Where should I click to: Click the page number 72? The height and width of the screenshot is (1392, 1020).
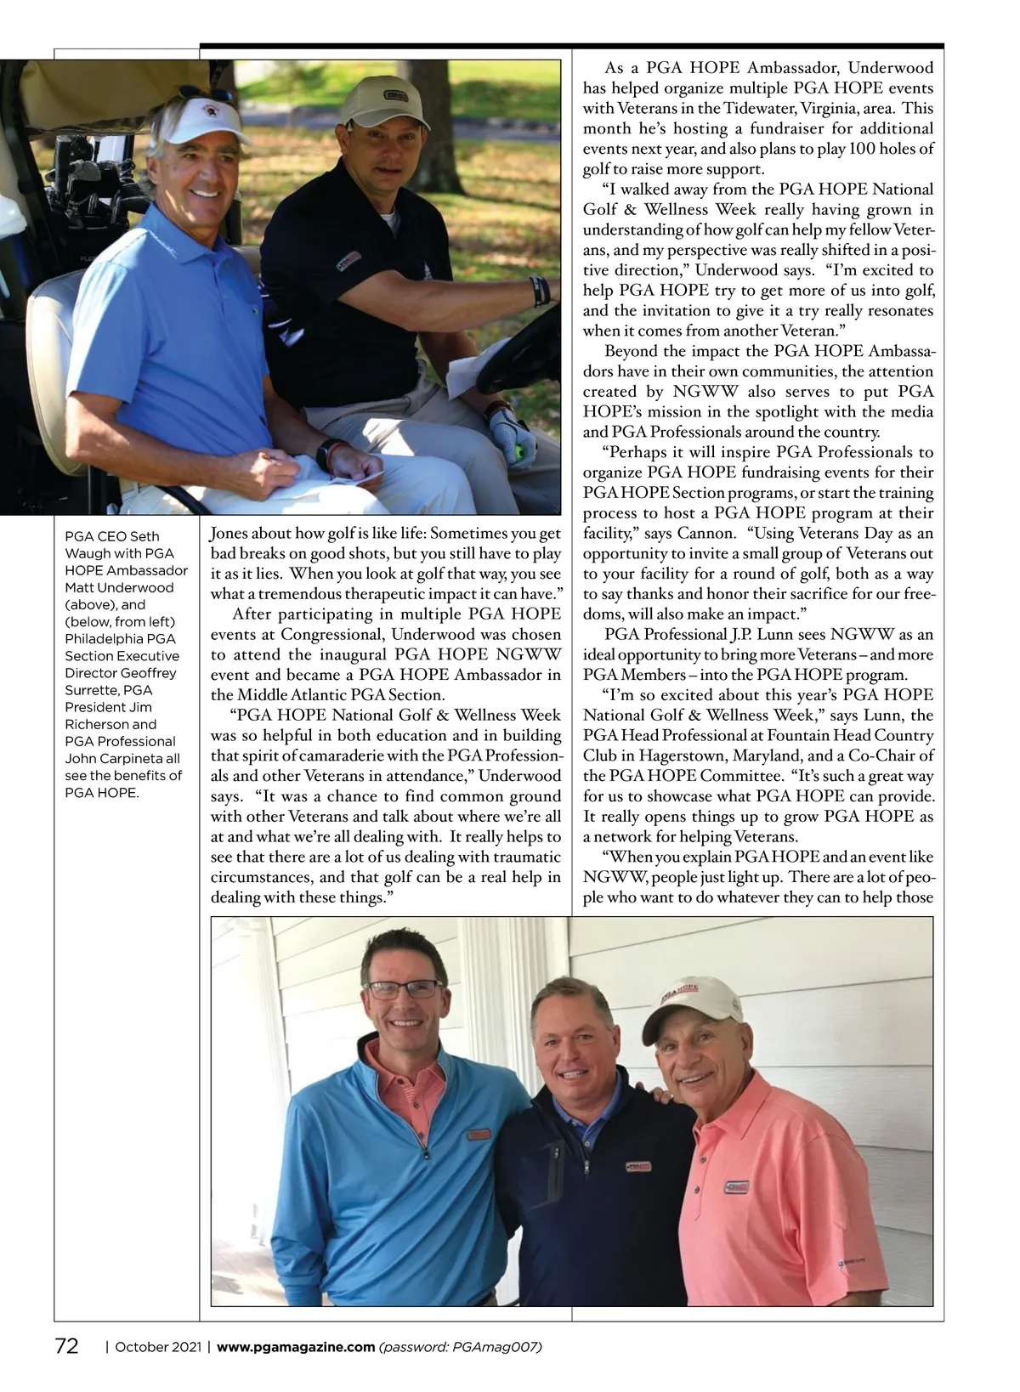(66, 1346)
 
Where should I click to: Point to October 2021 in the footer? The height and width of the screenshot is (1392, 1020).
(157, 1347)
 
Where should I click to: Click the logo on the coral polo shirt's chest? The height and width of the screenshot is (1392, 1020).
(735, 1186)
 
